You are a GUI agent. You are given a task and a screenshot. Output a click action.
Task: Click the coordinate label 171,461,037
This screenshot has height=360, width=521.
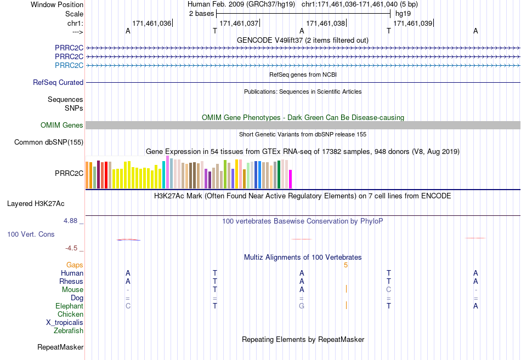point(239,23)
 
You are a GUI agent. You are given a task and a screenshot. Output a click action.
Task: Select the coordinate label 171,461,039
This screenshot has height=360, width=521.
point(412,23)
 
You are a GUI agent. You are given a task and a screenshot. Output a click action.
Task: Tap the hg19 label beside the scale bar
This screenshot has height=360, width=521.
point(403,14)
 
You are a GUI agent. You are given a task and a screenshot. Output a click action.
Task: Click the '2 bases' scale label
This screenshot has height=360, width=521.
point(201,13)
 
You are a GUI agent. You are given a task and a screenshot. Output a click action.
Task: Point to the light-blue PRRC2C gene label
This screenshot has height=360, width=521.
point(69,65)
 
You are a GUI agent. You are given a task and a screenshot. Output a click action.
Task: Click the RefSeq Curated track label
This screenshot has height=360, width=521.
point(58,82)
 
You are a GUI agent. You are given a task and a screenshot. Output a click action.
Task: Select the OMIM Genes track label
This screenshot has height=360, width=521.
point(62,125)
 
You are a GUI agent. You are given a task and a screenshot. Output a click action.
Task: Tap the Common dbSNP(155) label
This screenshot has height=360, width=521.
point(49,142)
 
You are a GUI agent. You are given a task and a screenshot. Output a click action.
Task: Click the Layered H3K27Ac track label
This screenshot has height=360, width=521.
point(36,204)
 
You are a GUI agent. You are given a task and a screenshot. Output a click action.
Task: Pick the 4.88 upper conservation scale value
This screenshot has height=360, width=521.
point(70,221)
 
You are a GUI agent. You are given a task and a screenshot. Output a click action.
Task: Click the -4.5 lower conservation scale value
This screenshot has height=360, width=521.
point(71,248)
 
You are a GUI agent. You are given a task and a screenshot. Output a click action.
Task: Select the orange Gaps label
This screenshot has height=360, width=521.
point(75,265)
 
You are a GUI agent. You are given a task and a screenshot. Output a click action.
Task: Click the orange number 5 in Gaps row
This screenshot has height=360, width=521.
point(346,265)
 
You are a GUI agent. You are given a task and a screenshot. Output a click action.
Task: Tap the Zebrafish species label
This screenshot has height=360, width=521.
point(69,331)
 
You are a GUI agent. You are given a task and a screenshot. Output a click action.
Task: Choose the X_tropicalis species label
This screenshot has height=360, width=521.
point(65,323)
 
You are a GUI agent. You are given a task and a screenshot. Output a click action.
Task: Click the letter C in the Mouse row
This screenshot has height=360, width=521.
point(389,290)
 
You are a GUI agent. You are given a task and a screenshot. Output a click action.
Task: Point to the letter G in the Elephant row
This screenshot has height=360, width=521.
point(302,306)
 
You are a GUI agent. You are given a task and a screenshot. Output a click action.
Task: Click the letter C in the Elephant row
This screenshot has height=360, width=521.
point(128,306)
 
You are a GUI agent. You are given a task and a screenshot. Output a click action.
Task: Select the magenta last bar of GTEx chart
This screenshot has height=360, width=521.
point(291,179)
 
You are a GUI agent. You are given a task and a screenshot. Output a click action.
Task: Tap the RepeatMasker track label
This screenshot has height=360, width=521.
point(60,347)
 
